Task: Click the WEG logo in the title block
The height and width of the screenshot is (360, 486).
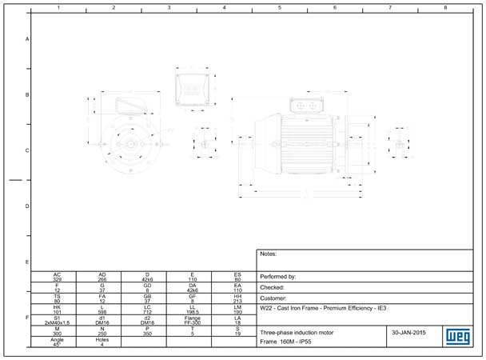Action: (x=456, y=336)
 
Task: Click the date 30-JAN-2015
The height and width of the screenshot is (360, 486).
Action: (x=408, y=331)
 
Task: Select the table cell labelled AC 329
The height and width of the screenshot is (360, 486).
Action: (x=57, y=277)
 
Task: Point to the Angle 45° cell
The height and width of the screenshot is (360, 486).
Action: (x=57, y=342)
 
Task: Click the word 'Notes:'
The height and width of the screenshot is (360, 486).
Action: (x=269, y=254)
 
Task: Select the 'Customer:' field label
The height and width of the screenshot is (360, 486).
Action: (x=275, y=298)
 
